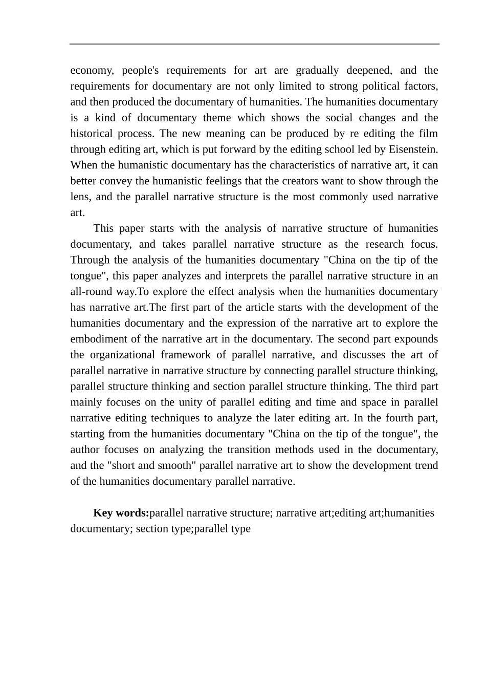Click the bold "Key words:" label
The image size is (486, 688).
point(121,513)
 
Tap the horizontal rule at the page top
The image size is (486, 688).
point(254,44)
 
